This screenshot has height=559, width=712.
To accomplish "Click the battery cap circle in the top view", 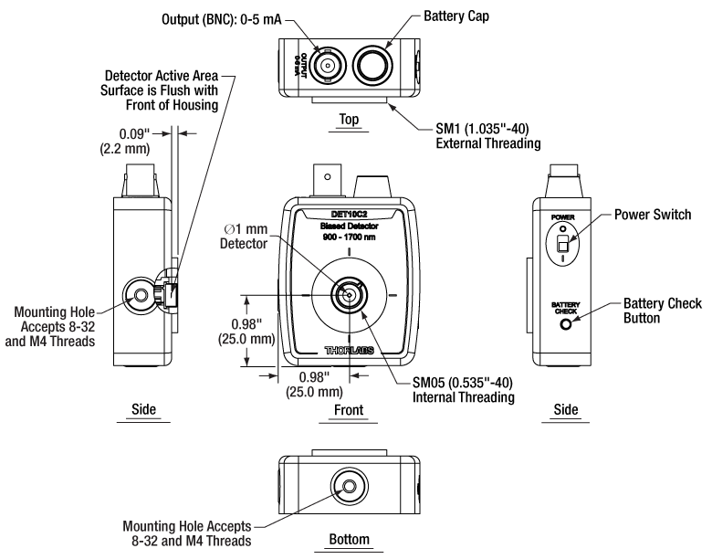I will click(372, 65).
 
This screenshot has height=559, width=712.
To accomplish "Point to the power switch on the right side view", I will click(564, 246).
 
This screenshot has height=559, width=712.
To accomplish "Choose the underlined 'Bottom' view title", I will click(349, 540).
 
